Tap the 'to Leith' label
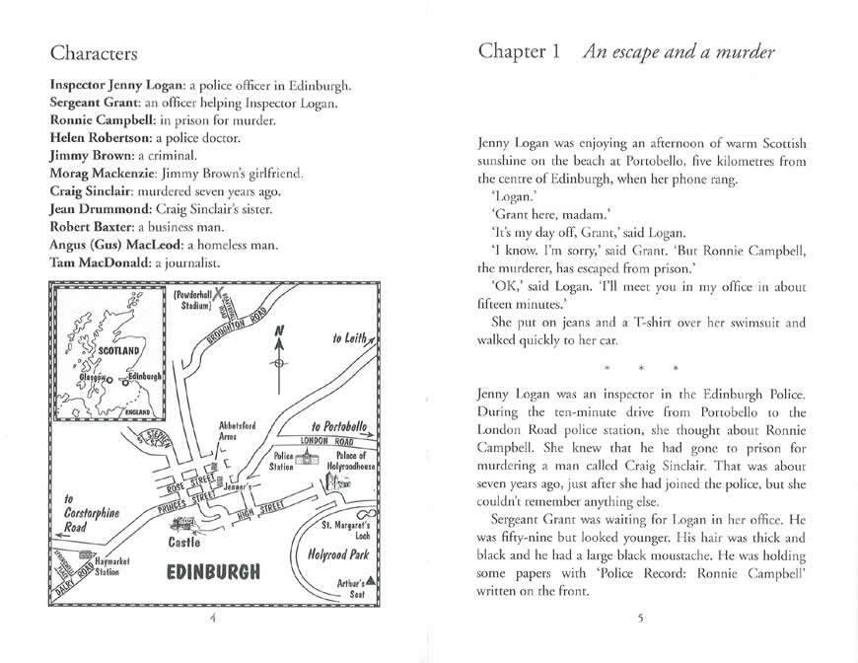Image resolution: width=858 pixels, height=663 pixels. pyautogui.click(x=350, y=339)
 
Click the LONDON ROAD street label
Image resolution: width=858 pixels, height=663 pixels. pyautogui.click(x=332, y=441)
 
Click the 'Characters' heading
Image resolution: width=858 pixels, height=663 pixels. pyautogui.click(x=94, y=51)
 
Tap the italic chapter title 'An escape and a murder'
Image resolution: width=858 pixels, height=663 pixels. pyautogui.click(x=679, y=51)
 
